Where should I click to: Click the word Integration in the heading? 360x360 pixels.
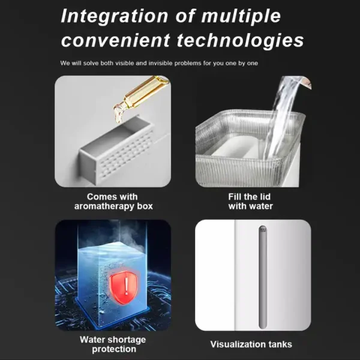click(115, 16)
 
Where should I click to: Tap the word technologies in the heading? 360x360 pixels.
click(240, 40)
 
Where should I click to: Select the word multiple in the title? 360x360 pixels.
click(241, 16)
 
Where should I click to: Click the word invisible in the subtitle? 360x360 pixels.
click(160, 63)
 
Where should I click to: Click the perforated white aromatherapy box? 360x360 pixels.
click(118, 151)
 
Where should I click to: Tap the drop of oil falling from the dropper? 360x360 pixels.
click(119, 114)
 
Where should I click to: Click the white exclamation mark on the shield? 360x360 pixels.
click(126, 286)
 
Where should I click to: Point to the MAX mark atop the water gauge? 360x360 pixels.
click(263, 229)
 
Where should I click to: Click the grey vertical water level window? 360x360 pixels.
click(263, 277)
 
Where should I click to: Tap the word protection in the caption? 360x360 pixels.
click(114, 349)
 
